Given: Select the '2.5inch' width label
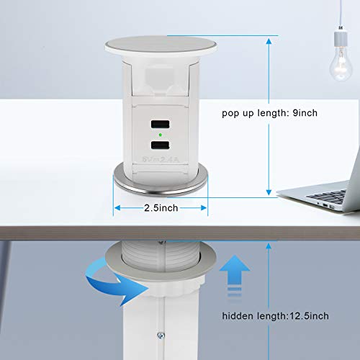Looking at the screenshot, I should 160,207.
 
